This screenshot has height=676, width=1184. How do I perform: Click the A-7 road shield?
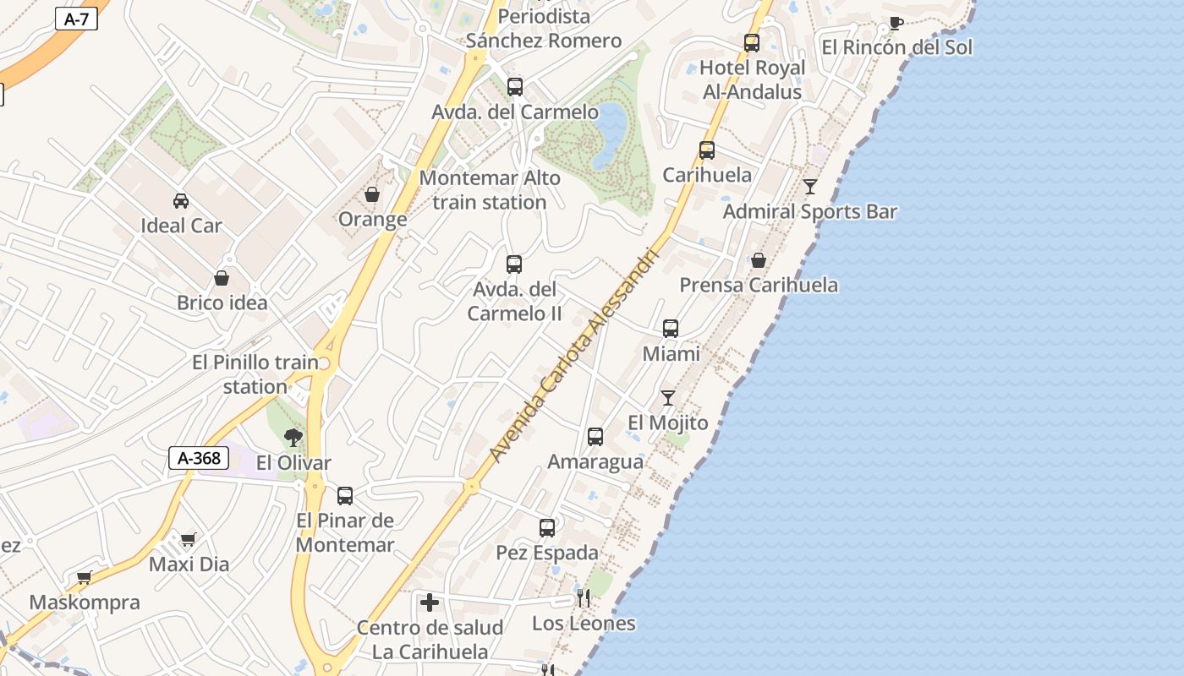tap(76, 19)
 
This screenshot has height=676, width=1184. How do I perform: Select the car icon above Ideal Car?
tap(181, 201)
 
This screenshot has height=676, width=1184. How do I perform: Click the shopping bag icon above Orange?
tap(372, 195)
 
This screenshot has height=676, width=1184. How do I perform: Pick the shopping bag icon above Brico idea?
tap(222, 278)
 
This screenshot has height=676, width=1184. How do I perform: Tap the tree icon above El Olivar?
tap(293, 437)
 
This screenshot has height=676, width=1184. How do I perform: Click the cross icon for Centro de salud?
tap(430, 602)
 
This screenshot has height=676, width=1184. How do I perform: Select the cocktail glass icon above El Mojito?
tap(668, 397)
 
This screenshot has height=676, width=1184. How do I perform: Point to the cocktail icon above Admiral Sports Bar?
tap(810, 186)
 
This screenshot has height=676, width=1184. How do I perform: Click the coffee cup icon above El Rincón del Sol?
tap(896, 23)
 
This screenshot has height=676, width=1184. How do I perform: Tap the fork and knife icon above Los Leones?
tap(583, 598)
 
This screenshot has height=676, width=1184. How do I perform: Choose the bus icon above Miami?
tap(671, 328)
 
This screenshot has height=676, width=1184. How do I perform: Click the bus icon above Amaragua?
tap(595, 437)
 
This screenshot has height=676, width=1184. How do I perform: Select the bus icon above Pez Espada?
tap(547, 528)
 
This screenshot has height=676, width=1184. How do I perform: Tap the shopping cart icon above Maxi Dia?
tap(189, 539)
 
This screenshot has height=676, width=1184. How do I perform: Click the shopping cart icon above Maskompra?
tap(84, 578)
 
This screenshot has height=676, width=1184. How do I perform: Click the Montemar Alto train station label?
tap(490, 190)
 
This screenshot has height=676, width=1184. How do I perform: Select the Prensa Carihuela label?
tap(759, 285)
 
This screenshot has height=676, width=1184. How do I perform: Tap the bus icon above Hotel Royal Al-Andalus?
tap(752, 43)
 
